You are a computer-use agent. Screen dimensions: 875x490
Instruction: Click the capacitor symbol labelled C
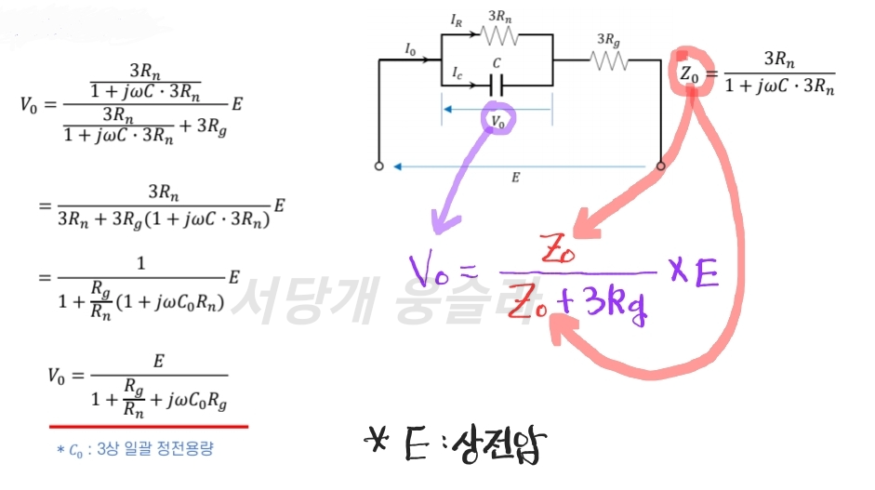[x=497, y=86]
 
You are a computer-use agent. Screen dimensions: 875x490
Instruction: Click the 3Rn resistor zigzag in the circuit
[x=499, y=35]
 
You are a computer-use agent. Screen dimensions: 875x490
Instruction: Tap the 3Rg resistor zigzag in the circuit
[x=609, y=60]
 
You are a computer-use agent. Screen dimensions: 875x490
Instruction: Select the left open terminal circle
[x=378, y=166]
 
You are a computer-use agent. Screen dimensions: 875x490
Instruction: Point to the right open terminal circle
[x=661, y=166]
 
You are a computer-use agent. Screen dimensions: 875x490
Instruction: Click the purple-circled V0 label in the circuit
[x=497, y=121]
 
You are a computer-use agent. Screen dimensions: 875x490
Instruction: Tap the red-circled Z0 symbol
[x=689, y=74]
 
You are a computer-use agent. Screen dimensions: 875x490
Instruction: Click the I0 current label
[x=410, y=50]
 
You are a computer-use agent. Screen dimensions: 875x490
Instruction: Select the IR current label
[x=457, y=21]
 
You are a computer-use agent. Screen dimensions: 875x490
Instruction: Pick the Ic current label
[x=457, y=73]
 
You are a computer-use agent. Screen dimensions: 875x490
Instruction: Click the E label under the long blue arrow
[x=515, y=178]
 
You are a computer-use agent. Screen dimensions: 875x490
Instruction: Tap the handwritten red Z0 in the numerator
[x=558, y=249]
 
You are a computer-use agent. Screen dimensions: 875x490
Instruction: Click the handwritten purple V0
[x=429, y=271]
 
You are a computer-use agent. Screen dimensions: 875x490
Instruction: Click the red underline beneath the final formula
[x=149, y=427]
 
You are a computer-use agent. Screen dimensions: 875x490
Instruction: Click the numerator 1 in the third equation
[x=141, y=263]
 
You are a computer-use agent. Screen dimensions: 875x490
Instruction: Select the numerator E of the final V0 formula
[x=158, y=361]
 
